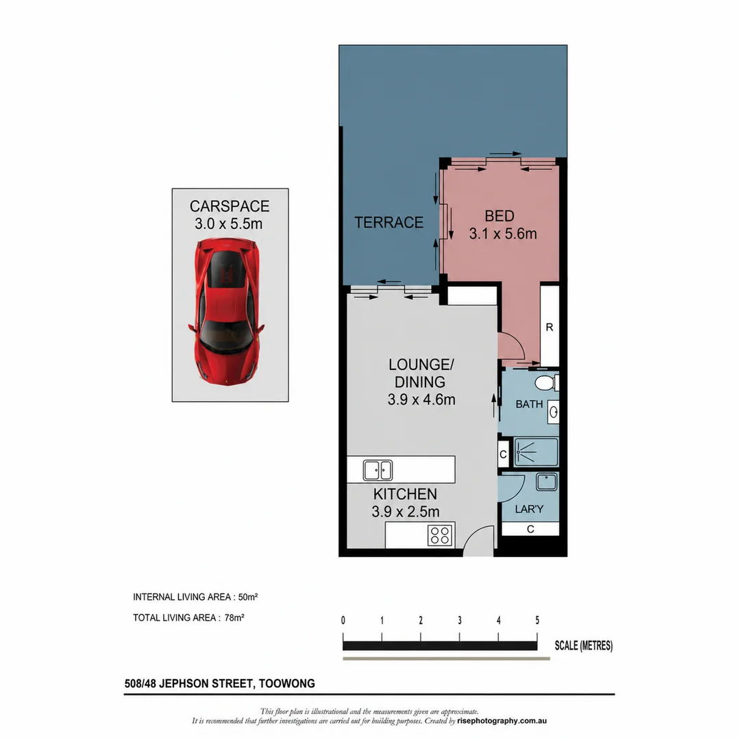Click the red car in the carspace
[x=227, y=312]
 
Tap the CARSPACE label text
[x=230, y=206]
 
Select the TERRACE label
[x=389, y=222]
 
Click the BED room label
[x=500, y=216]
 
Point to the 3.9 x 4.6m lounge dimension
[x=421, y=399]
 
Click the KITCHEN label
[x=405, y=494]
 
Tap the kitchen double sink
[x=378, y=470]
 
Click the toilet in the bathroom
[x=547, y=383]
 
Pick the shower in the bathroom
[x=536, y=452]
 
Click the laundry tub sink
[x=547, y=482]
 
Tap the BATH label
[x=529, y=404]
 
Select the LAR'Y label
[x=529, y=509]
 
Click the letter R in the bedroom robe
[x=550, y=327]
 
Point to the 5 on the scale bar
[x=537, y=620]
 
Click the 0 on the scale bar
[x=343, y=620]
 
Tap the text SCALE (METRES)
[x=584, y=645]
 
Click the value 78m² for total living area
[x=234, y=617]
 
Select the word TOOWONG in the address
[x=287, y=683]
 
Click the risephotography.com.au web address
[x=502, y=721]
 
